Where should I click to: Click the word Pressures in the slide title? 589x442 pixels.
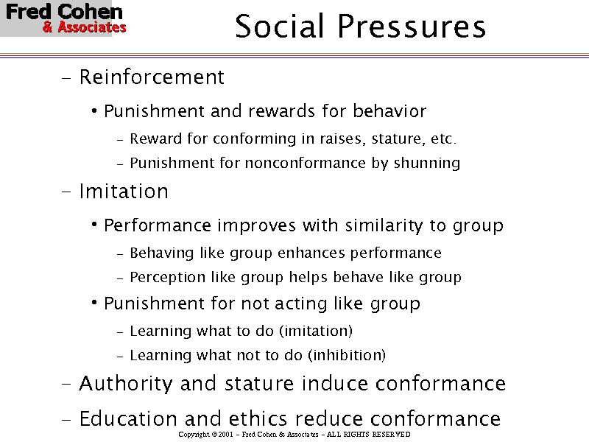pyautogui.click(x=412, y=27)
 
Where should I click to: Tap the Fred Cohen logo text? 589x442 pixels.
pyautogui.click(x=64, y=13)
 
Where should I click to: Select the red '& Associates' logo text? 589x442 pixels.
pyautogui.click(x=84, y=28)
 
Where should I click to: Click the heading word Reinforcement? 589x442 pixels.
pyautogui.click(x=151, y=77)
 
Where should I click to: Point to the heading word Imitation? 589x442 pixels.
pyautogui.click(x=123, y=192)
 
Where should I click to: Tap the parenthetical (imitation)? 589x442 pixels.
pyautogui.click(x=315, y=331)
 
